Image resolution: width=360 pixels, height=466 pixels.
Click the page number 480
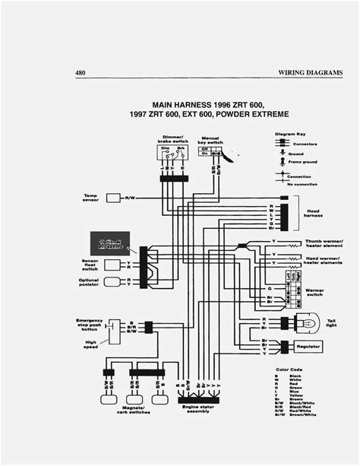81,73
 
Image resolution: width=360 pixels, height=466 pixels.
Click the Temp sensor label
90,198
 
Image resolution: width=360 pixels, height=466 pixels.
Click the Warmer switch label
314,291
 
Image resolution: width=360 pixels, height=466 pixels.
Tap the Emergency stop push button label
90,325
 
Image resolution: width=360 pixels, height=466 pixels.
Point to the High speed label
90,345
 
